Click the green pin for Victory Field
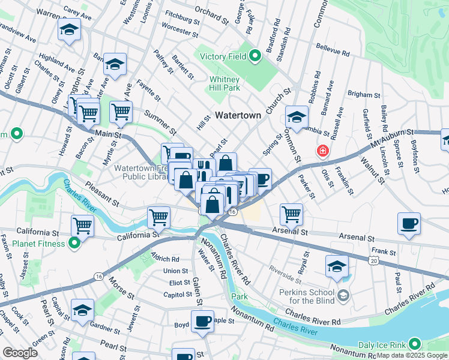click(x=255, y=57)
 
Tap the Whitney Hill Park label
click(x=224, y=83)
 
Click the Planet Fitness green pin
click(x=74, y=243)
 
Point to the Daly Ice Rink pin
click(x=414, y=344)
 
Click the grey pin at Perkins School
click(x=342, y=295)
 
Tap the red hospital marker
click(x=323, y=150)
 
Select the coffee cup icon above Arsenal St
click(x=409, y=224)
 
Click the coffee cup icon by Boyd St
click(x=202, y=322)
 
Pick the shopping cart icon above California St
click(x=82, y=226)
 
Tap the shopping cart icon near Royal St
click(x=291, y=213)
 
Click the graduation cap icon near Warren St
click(x=69, y=29)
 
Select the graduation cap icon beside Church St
click(x=296, y=117)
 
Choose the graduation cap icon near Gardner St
click(x=82, y=310)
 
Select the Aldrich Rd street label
click(x=167, y=259)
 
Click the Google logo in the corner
click(x=20, y=353)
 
